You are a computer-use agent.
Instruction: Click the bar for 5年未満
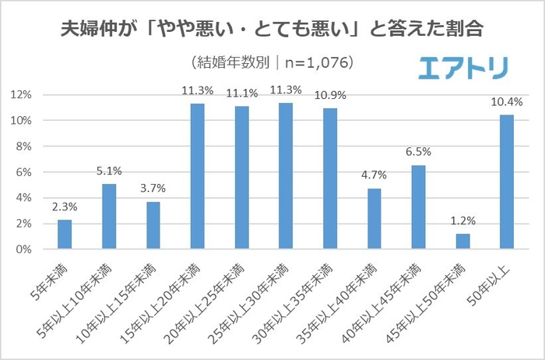tap(65, 235)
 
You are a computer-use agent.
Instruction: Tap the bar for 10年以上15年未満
tap(153, 226)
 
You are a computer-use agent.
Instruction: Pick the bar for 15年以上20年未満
tap(198, 177)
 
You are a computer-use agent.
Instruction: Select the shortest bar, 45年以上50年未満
tap(463, 242)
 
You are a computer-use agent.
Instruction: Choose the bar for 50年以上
tap(508, 182)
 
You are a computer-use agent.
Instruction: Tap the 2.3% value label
tap(65, 206)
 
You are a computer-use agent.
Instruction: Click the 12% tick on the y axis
tap(21, 95)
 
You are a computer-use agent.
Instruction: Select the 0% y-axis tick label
tap(23, 249)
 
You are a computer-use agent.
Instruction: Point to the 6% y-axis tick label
tap(23, 172)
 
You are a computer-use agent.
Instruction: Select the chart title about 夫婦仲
tap(272, 30)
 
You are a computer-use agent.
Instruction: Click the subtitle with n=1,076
tap(272, 62)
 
